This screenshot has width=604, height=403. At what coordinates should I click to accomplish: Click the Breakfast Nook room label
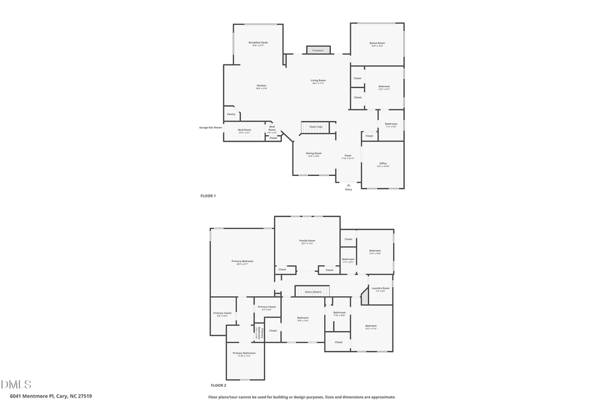click(x=258, y=44)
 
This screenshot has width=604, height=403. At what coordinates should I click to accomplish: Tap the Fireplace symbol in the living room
click(x=318, y=50)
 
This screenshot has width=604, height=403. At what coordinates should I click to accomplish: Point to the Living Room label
click(x=318, y=81)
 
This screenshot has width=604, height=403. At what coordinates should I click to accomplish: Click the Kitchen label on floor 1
click(x=261, y=87)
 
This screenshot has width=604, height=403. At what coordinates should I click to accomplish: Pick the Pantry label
click(x=232, y=114)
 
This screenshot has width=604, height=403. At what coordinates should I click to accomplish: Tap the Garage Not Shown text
click(x=210, y=127)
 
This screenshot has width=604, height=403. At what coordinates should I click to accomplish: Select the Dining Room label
click(x=313, y=154)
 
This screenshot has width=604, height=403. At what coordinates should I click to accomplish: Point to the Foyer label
click(x=348, y=156)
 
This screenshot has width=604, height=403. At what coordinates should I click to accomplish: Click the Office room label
click(x=383, y=164)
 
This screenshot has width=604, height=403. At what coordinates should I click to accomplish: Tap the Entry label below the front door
click(x=348, y=190)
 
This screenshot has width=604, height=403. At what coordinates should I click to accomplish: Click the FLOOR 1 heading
click(x=208, y=195)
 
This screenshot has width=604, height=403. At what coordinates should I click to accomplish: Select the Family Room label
click(x=307, y=241)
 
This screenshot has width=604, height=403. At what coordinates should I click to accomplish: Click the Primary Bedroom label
click(x=242, y=262)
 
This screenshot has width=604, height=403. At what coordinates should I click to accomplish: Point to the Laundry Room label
click(x=381, y=289)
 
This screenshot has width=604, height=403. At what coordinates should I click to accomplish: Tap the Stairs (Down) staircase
click(x=313, y=292)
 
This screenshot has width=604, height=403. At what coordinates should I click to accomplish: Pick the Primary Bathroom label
click(x=244, y=354)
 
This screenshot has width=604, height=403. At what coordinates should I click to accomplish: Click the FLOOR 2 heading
click(x=218, y=386)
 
